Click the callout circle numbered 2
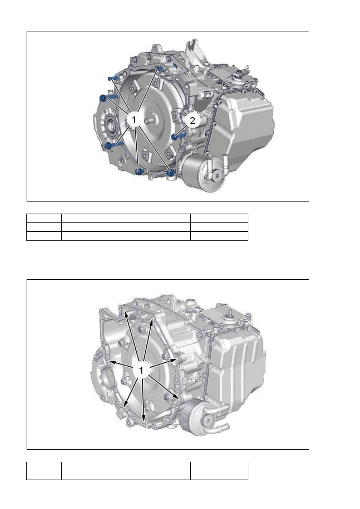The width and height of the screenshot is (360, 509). click(192, 120)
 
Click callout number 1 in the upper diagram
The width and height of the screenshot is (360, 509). click(134, 119)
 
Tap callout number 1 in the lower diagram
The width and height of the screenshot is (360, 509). click(141, 370)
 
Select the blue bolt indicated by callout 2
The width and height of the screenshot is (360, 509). click(179, 136)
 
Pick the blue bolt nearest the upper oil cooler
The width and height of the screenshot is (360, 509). click(171, 173)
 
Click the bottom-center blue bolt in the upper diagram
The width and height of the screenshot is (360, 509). click(139, 172)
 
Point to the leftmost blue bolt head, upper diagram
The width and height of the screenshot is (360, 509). click(103, 98)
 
